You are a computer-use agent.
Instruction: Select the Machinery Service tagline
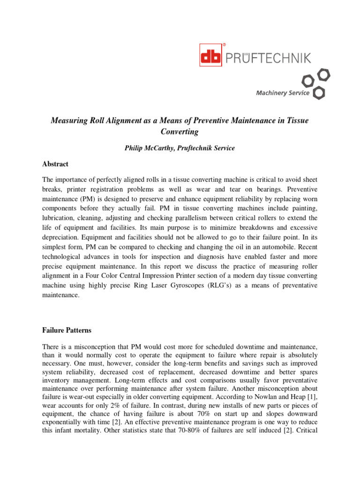282,93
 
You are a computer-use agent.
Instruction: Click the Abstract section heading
55,164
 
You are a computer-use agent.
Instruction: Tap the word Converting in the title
180,132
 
